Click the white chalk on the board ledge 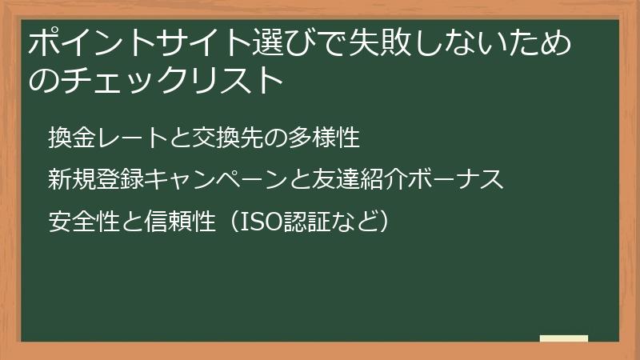563,338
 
